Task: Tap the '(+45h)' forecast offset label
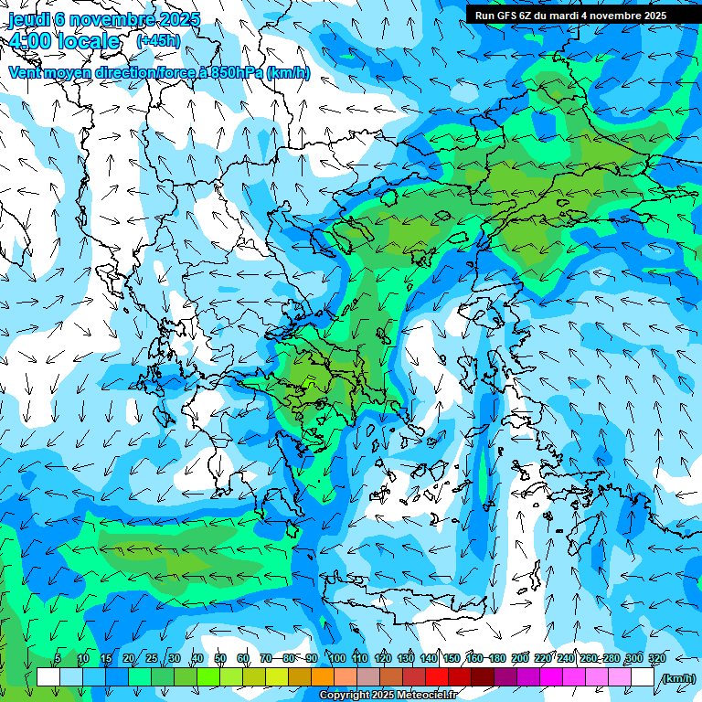click(x=158, y=40)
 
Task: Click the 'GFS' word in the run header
click(x=507, y=16)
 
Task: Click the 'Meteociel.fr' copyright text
click(x=424, y=696)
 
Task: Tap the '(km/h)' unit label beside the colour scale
click(x=678, y=678)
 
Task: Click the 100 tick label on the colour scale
click(x=337, y=659)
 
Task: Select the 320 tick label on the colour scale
click(x=655, y=659)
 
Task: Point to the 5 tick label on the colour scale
click(x=58, y=659)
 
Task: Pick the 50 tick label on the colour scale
click(x=220, y=659)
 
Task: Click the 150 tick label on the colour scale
click(x=452, y=659)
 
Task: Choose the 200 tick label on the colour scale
click(x=520, y=659)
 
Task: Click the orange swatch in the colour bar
click(x=323, y=677)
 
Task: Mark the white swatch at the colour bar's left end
click(x=48, y=677)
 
